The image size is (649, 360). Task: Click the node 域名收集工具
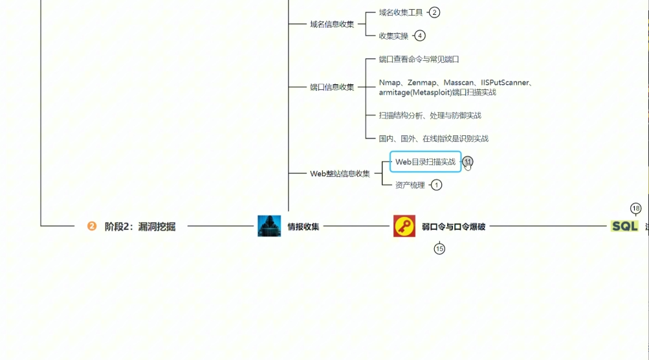tap(401, 12)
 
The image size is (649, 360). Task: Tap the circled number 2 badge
tap(434, 12)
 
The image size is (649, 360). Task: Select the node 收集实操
tap(393, 36)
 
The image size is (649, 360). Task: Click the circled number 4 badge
tap(420, 36)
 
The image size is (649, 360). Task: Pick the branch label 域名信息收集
tap(332, 24)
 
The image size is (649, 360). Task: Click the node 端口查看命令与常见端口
tap(419, 59)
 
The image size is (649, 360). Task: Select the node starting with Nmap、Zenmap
tap(456, 87)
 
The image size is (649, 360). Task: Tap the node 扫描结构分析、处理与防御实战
tap(430, 115)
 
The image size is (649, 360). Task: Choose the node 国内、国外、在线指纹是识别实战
tap(434, 139)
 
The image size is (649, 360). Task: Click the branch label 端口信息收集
tap(332, 87)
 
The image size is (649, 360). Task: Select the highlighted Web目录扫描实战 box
tap(425, 162)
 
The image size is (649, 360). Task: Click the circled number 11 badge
tap(468, 162)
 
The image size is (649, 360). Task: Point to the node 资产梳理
tap(410, 185)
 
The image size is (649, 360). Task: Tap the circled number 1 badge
tap(436, 185)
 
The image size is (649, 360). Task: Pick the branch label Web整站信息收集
tap(340, 174)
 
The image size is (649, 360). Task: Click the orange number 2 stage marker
tap(92, 226)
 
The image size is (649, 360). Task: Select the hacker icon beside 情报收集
tap(269, 226)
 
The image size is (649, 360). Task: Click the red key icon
tap(404, 226)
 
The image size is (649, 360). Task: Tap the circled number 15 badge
tap(439, 249)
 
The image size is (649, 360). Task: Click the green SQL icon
tap(624, 226)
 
